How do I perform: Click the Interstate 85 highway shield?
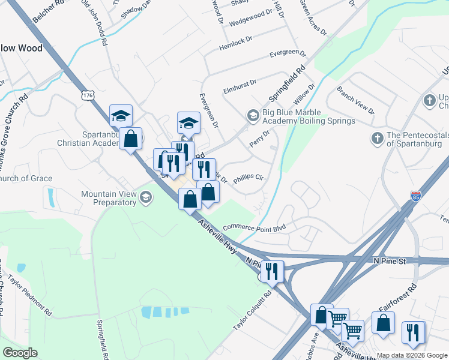click(417, 196)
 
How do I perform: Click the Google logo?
click(19, 352)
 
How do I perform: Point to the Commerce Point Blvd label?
click(255, 227)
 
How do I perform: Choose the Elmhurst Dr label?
click(240, 82)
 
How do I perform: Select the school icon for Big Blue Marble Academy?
click(253, 115)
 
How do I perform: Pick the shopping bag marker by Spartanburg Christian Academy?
click(131, 139)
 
